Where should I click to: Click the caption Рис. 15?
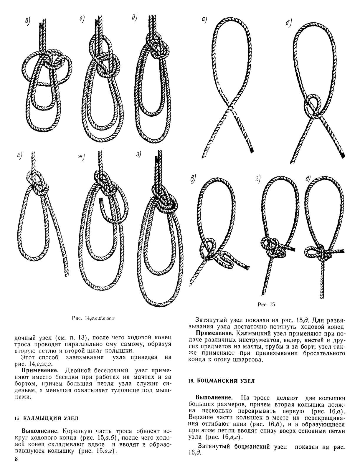(x=266, y=305)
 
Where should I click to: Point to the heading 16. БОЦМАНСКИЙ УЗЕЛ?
(x=221, y=381)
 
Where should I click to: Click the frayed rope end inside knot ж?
(x=100, y=202)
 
